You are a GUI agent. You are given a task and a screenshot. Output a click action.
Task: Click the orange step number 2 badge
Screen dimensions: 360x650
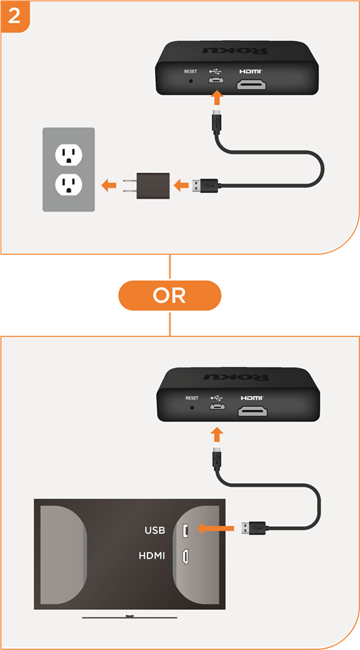pos(15,16)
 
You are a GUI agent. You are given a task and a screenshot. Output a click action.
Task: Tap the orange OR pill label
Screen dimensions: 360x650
pos(170,295)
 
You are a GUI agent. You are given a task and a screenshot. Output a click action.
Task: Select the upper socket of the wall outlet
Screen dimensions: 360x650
pos(69,154)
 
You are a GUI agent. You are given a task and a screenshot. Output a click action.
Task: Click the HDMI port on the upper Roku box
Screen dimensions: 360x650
pos(251,84)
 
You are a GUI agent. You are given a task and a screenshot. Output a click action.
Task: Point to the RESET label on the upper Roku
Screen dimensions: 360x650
pos(191,71)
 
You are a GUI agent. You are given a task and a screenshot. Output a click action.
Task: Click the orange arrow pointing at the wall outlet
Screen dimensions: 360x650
pos(109,184)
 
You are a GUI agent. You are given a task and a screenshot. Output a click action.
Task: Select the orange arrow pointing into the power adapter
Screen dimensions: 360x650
pos(181,185)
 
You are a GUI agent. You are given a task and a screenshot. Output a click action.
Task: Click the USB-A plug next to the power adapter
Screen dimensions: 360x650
pos(204,184)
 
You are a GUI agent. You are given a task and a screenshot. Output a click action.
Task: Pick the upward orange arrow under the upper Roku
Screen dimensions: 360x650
pos(217,100)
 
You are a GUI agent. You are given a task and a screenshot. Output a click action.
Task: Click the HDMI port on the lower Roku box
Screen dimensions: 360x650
pos(252,411)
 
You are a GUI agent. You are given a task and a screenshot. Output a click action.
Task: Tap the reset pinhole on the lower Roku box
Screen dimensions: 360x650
pos(192,408)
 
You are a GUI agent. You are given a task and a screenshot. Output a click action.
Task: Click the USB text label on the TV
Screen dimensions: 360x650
pos(155,530)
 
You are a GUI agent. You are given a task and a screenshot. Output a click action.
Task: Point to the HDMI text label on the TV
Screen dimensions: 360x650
pos(152,555)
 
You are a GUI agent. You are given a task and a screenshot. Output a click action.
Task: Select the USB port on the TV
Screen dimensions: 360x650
pos(186,530)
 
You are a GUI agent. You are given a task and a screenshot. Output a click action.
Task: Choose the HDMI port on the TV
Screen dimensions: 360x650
pos(186,556)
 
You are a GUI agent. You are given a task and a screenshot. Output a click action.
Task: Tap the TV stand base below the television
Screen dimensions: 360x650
pos(130,617)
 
